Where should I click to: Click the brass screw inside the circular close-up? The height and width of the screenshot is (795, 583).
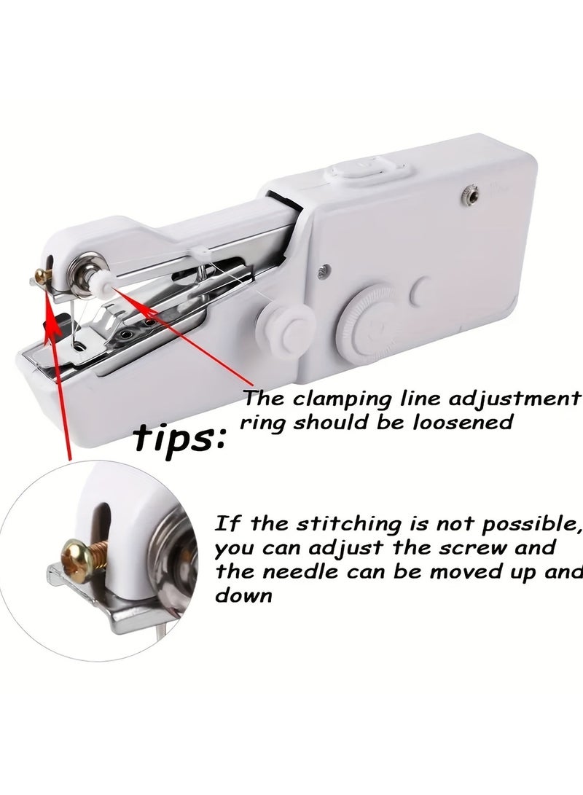78,557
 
